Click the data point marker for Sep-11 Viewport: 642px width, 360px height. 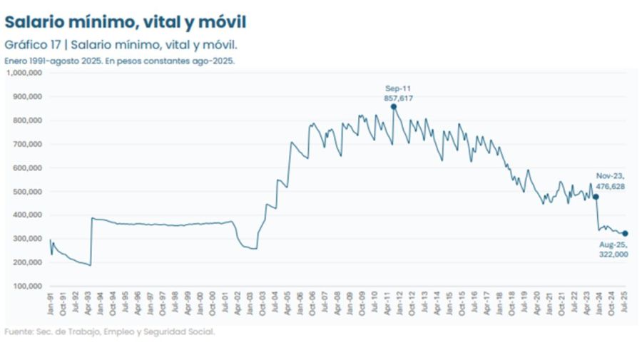tap(394, 106)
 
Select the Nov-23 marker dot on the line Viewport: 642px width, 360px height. tap(596, 197)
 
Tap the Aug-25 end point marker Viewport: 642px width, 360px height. tap(625, 233)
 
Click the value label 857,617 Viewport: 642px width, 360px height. tap(399, 98)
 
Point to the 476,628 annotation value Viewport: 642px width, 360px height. tap(610, 186)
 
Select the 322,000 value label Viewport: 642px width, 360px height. tap(613, 254)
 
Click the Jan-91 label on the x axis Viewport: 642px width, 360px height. tap(51, 303)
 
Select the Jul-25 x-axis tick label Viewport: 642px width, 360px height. tap(625, 303)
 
